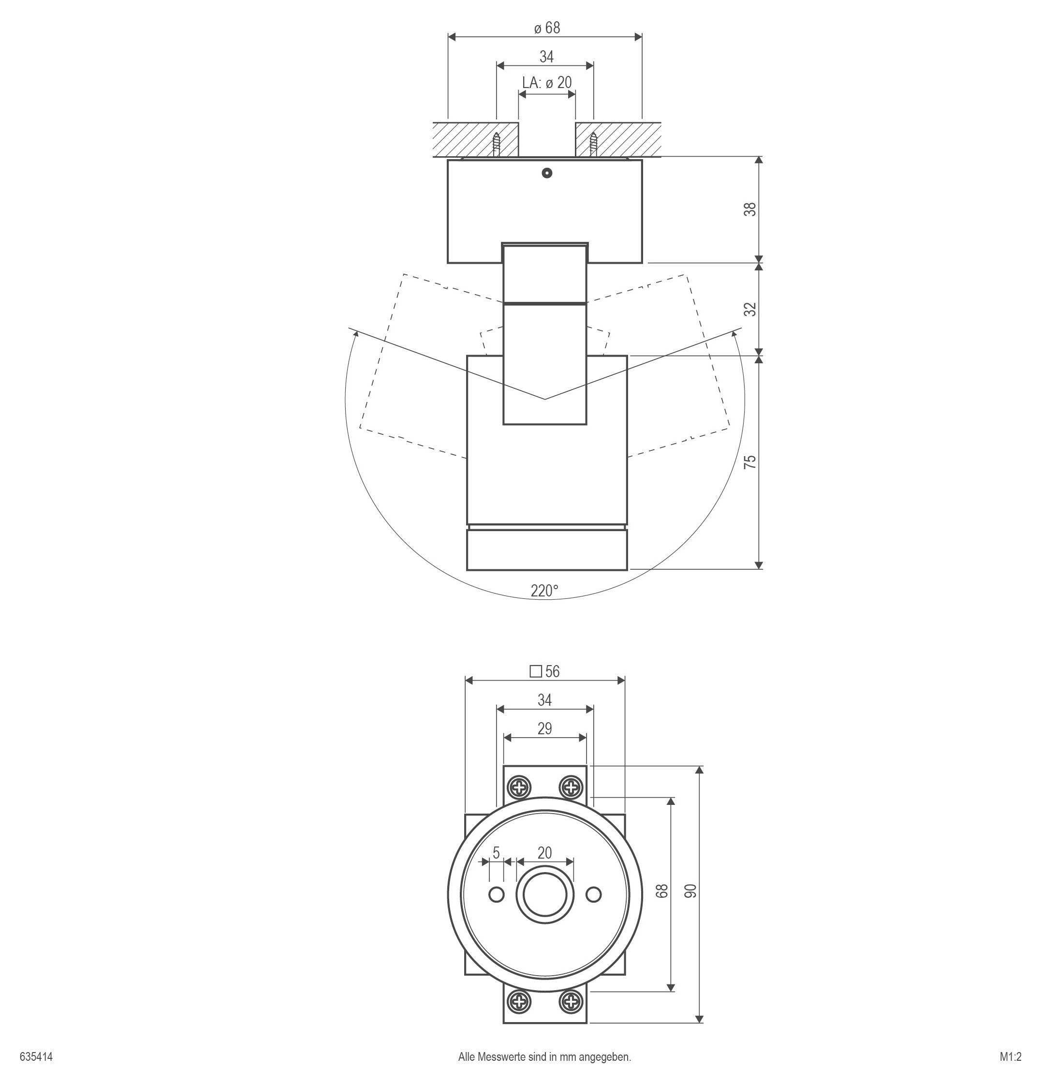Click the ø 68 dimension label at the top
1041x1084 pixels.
coord(547,28)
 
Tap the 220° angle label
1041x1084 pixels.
coord(544,591)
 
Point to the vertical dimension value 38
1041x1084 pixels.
coord(749,209)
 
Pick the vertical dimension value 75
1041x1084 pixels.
coord(749,462)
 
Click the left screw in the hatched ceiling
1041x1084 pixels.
coord(497,145)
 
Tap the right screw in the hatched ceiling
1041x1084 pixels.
coord(593,145)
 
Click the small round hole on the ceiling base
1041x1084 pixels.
coord(547,173)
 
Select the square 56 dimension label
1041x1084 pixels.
coord(544,671)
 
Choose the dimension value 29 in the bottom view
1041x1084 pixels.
coord(544,729)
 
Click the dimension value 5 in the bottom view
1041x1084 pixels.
coord(496,853)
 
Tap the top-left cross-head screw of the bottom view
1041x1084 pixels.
coord(519,787)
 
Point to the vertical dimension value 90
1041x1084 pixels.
coord(690,891)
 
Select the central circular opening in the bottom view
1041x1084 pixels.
coord(544,895)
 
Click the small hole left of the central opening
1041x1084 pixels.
coord(497,894)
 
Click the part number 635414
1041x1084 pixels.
coord(36,1057)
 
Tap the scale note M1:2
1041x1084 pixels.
coord(1010,1057)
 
